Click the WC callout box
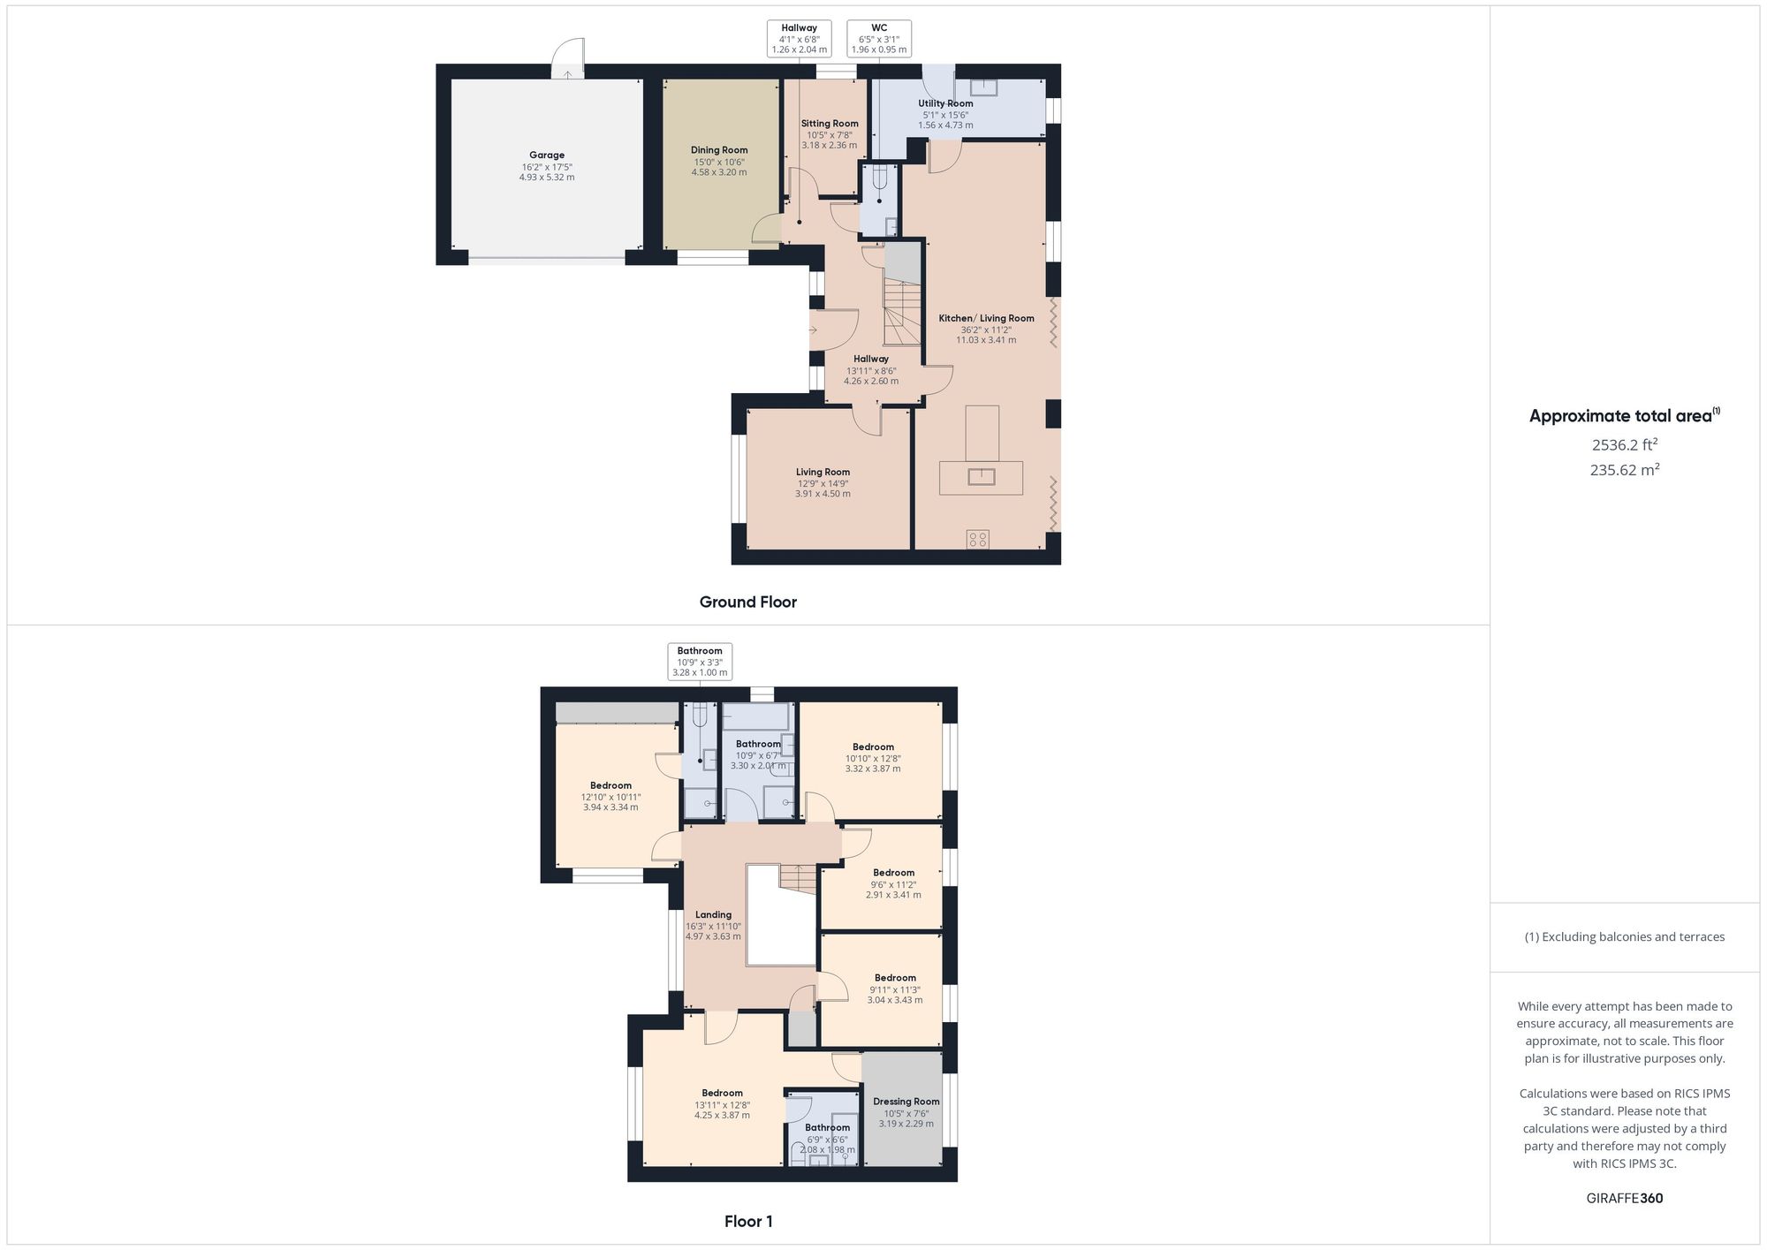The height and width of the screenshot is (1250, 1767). (x=879, y=39)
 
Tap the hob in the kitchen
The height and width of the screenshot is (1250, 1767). (x=978, y=539)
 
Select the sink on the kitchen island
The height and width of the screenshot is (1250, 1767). (x=982, y=477)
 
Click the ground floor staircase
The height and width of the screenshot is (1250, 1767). (x=902, y=313)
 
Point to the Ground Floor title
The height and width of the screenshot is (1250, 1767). (x=748, y=602)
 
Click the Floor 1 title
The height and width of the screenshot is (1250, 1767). (x=748, y=1222)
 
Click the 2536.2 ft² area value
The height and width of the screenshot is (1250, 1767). (x=1624, y=445)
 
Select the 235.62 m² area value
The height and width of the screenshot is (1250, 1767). (x=1624, y=470)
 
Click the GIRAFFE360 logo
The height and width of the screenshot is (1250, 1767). (x=1624, y=1199)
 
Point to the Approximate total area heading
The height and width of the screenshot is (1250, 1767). (x=1624, y=416)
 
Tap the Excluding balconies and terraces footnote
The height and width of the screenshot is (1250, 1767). (x=1624, y=937)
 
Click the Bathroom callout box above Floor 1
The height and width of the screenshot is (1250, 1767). (x=700, y=662)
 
